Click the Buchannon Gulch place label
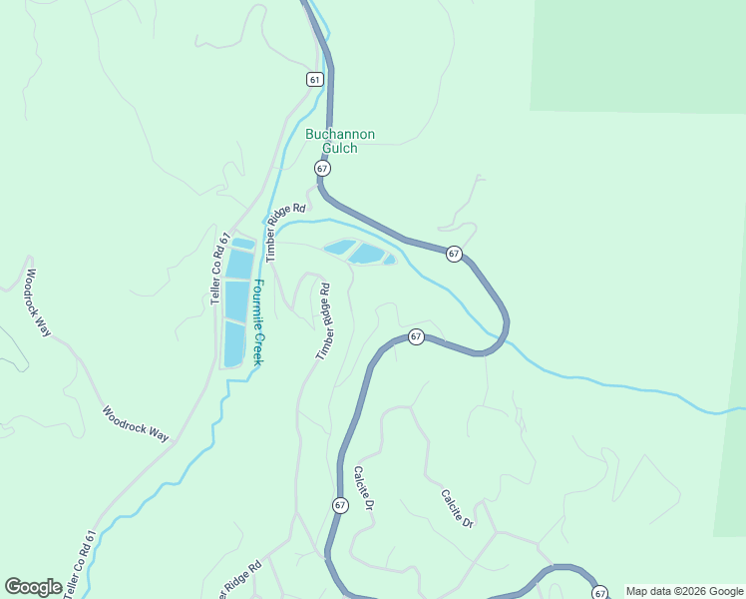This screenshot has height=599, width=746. tap(340, 141)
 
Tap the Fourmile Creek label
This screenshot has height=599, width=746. tap(257, 321)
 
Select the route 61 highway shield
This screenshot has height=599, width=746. tap(315, 79)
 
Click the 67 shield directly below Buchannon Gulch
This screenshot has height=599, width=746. tap(322, 169)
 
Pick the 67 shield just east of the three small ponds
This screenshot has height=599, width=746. tap(454, 254)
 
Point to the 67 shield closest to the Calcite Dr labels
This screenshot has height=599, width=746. tap(340, 505)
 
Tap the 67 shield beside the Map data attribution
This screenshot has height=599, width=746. tap(599, 592)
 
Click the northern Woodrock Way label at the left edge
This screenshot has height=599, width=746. tap(38, 301)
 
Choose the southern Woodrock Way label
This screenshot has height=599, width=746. tap(137, 423)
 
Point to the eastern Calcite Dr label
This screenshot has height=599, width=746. tap(456, 508)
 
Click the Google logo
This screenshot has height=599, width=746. tap(33, 587)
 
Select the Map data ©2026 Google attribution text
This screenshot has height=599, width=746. tap(684, 592)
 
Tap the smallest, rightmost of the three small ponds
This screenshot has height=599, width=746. tap(389, 261)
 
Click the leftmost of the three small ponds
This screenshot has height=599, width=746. tap(339, 247)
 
